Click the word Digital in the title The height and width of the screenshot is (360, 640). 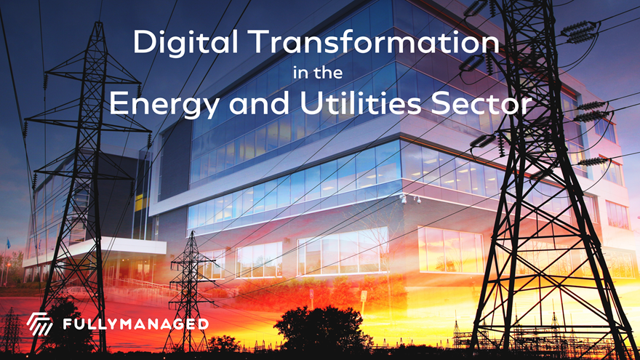click(185, 43)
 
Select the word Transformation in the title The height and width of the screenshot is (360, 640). click(374, 41)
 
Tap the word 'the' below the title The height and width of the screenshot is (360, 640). click(329, 73)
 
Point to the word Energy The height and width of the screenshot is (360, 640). click(166, 105)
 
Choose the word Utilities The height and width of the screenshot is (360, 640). click(361, 103)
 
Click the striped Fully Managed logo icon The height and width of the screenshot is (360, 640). click(39, 324)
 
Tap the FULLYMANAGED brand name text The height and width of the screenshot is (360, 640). click(135, 324)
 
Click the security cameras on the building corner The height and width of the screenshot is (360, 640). click(411, 199)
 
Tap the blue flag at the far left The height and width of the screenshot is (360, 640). click(8, 244)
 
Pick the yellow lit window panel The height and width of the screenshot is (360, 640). click(140, 202)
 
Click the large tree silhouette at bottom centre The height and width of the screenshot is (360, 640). click(322, 328)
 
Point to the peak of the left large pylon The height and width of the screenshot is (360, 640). click(98, 23)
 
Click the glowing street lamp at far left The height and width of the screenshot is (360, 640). click(8, 265)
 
